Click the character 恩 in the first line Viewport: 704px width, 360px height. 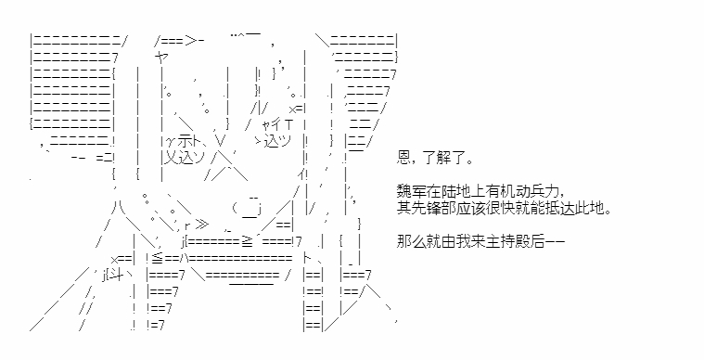pos(404,158)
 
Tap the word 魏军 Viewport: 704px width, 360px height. pos(412,192)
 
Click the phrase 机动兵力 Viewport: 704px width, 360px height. pos(529,192)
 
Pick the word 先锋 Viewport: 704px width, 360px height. pos(427,208)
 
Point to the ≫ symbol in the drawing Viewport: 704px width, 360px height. pos(202,225)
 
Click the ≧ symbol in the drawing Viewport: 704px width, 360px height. pos(248,242)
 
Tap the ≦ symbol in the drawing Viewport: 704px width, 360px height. pos(158,259)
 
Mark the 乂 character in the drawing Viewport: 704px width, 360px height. pos(171,158)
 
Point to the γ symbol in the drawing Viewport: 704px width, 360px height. pos(171,142)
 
